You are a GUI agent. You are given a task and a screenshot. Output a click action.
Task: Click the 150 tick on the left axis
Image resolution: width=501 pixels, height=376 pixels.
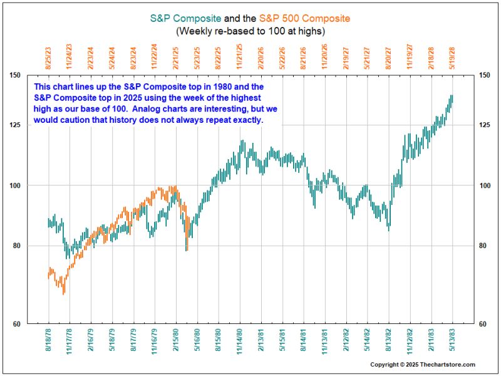(15, 76)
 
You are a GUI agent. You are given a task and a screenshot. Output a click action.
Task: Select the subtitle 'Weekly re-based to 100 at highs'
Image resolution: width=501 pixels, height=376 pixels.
(250, 30)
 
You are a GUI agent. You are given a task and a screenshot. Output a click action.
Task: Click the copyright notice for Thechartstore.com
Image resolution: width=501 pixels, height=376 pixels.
(423, 365)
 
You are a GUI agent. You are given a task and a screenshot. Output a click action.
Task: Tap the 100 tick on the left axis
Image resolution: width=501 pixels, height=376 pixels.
(15, 185)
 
